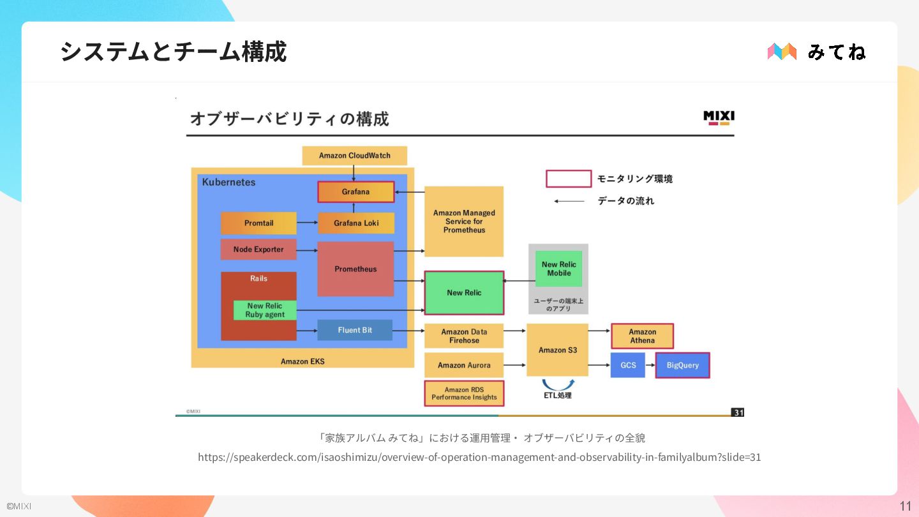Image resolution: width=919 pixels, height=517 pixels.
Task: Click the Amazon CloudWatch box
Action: [x=354, y=156]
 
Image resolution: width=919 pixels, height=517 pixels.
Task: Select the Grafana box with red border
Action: [x=355, y=191]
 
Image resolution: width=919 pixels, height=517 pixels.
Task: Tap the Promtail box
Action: [x=258, y=223]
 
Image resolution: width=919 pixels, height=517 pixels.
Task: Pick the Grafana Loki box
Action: [x=355, y=223]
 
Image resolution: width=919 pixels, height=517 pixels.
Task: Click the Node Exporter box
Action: [x=258, y=250]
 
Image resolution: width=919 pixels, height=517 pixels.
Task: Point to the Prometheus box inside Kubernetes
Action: [x=355, y=269]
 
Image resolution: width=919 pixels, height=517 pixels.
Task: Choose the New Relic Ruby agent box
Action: [x=265, y=310]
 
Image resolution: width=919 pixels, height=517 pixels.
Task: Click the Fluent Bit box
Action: [x=355, y=330]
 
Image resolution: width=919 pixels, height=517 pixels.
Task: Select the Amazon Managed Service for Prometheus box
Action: [x=464, y=221]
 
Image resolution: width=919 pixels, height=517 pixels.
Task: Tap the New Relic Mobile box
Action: [x=558, y=269]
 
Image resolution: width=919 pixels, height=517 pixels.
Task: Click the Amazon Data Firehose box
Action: [x=464, y=336]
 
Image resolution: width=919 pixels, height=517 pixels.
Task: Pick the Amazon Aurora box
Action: [x=464, y=365]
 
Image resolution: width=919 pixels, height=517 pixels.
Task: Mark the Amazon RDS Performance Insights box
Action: [x=464, y=393]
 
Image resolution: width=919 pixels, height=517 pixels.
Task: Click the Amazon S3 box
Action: [x=557, y=350]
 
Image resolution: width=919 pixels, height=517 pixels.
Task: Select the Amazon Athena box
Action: [x=642, y=336]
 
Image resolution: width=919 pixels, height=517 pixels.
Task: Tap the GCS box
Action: [x=628, y=365]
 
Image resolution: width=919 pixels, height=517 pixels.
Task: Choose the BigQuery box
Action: [x=682, y=365]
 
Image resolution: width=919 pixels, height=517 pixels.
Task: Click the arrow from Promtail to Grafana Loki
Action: [x=307, y=223]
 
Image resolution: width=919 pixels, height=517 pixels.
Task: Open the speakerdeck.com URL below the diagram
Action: [x=479, y=457]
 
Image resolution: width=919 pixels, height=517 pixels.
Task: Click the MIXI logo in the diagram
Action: [x=719, y=117]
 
